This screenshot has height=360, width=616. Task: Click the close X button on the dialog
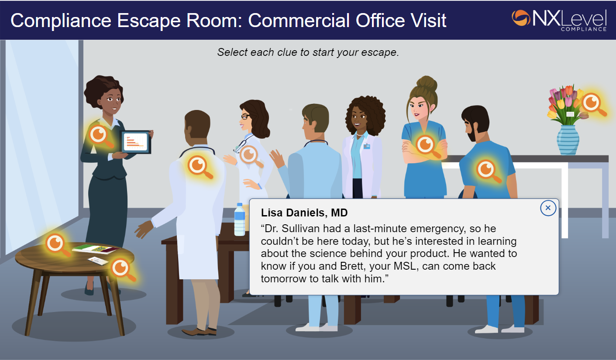pos(548,208)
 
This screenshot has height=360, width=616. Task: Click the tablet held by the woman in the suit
pos(136,142)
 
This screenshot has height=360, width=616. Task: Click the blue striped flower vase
pos(568,140)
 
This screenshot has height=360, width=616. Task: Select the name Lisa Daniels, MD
pos(304,213)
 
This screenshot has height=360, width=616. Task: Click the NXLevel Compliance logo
pos(559,20)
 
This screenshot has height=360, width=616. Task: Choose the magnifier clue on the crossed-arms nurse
pos(426,145)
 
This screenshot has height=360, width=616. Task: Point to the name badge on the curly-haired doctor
pos(367,146)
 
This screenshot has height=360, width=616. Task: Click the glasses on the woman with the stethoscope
pos(245,117)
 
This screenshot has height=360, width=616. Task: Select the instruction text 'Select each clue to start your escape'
pos(308,53)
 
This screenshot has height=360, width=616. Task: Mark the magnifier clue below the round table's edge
pos(122,268)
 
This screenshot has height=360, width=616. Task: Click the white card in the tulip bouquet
pos(570,114)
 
